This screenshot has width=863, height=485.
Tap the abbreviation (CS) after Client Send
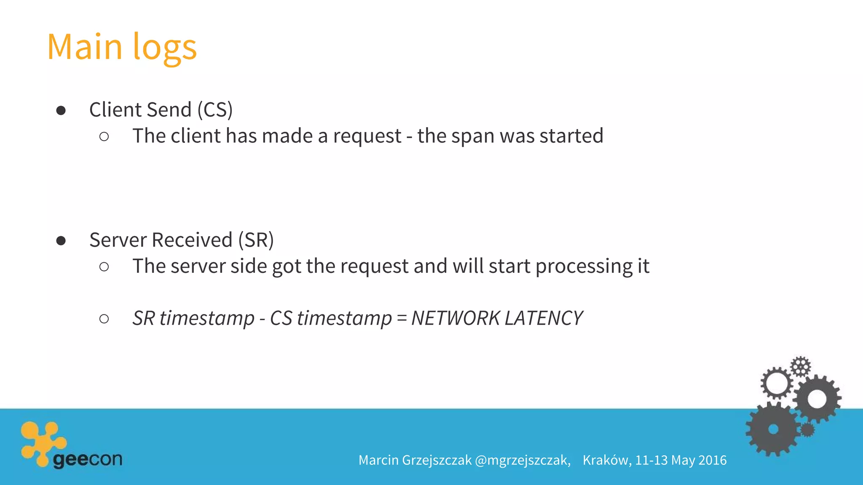[x=215, y=110]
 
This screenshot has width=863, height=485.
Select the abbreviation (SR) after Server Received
[x=256, y=240]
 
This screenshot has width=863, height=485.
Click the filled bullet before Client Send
[x=61, y=110]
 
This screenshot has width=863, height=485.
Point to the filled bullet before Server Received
[x=61, y=240]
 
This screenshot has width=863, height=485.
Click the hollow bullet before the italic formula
[x=104, y=319]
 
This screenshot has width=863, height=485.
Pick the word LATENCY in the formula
[x=544, y=318]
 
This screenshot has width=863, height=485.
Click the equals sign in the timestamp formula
[x=402, y=318]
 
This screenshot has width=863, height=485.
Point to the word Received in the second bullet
[x=192, y=240]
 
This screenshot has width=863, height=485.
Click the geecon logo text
[x=88, y=459]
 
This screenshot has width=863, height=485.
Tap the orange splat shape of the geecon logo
[x=42, y=442]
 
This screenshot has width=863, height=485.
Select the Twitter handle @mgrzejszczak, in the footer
[x=523, y=460]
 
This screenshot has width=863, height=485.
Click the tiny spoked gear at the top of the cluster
[x=800, y=366]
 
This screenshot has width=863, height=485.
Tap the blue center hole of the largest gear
[x=773, y=429]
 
